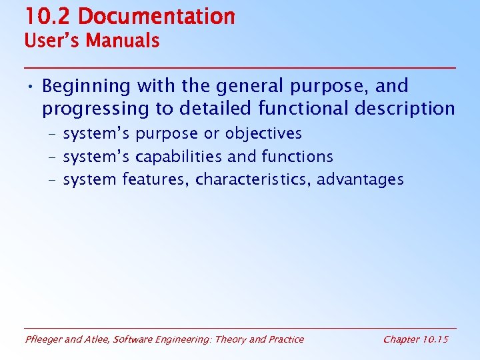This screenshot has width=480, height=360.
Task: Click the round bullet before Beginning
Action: (31, 87)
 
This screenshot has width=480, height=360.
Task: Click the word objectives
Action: (263, 134)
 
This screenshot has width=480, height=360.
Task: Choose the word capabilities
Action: (179, 157)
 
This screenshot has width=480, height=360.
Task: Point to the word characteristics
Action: (253, 180)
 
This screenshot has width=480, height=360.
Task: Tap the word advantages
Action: (361, 180)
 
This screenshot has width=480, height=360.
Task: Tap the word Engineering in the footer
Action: (183, 340)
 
